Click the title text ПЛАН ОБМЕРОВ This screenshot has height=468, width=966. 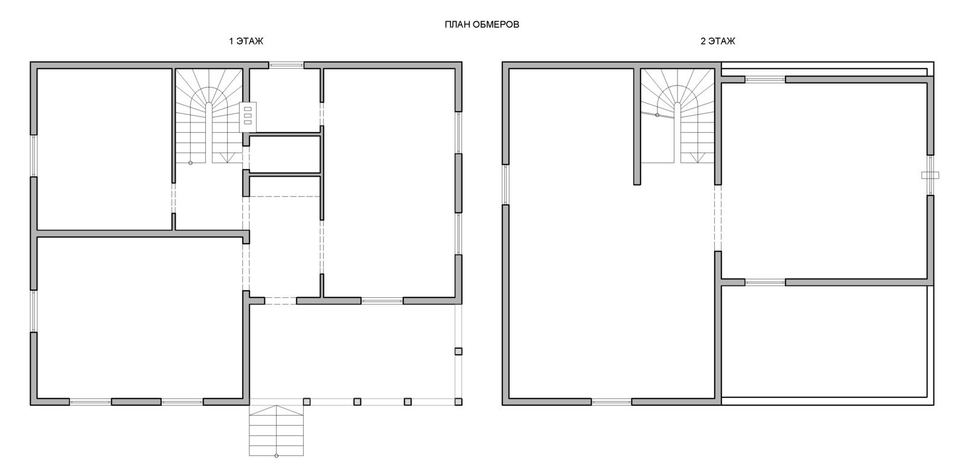[482, 25]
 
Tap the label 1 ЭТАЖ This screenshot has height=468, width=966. [246, 42]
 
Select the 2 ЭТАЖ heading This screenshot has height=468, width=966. [718, 42]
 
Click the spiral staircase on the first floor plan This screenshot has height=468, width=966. [209, 116]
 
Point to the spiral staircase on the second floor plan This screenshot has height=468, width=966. [677, 116]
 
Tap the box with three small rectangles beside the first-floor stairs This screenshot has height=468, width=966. [248, 117]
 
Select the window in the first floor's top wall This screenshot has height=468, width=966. [286, 66]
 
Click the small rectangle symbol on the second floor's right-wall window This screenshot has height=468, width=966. [930, 175]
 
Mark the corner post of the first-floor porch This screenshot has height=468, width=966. [458, 402]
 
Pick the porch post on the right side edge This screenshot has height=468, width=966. [458, 351]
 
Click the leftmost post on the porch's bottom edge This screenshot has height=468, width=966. [307, 402]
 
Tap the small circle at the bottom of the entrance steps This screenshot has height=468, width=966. [277, 455]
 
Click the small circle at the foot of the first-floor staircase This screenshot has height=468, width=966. [190, 163]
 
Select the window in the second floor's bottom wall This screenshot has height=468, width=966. [611, 402]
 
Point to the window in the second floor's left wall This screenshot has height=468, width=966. [505, 185]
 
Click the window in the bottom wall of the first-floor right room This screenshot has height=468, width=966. [382, 301]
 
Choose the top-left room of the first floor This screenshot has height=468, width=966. [104, 150]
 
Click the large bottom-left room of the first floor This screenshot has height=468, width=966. [139, 318]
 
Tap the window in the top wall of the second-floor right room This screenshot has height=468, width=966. [765, 80]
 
